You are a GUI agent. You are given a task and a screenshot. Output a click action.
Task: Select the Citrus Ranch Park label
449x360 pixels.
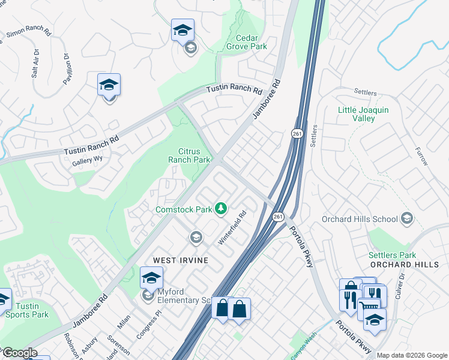(194, 155)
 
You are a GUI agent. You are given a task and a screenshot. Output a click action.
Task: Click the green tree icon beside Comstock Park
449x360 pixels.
(222, 208)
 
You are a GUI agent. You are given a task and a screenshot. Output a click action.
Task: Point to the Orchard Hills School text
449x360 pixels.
(360, 218)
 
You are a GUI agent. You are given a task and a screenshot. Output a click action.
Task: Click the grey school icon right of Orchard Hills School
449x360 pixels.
(408, 217)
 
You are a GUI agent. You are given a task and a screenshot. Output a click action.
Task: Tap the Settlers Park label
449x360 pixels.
(392, 254)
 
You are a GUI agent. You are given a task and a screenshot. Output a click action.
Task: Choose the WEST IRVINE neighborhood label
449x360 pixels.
(181, 260)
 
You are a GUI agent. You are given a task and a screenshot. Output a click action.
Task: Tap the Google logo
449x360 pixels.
(19, 353)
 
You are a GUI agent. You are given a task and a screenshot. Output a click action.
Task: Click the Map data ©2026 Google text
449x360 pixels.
(411, 355)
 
